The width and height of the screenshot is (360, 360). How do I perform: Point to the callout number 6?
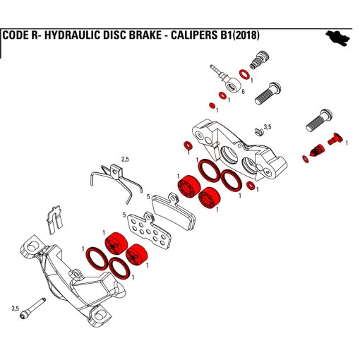point(243,92)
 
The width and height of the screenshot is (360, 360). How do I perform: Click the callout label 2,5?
point(125,160)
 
